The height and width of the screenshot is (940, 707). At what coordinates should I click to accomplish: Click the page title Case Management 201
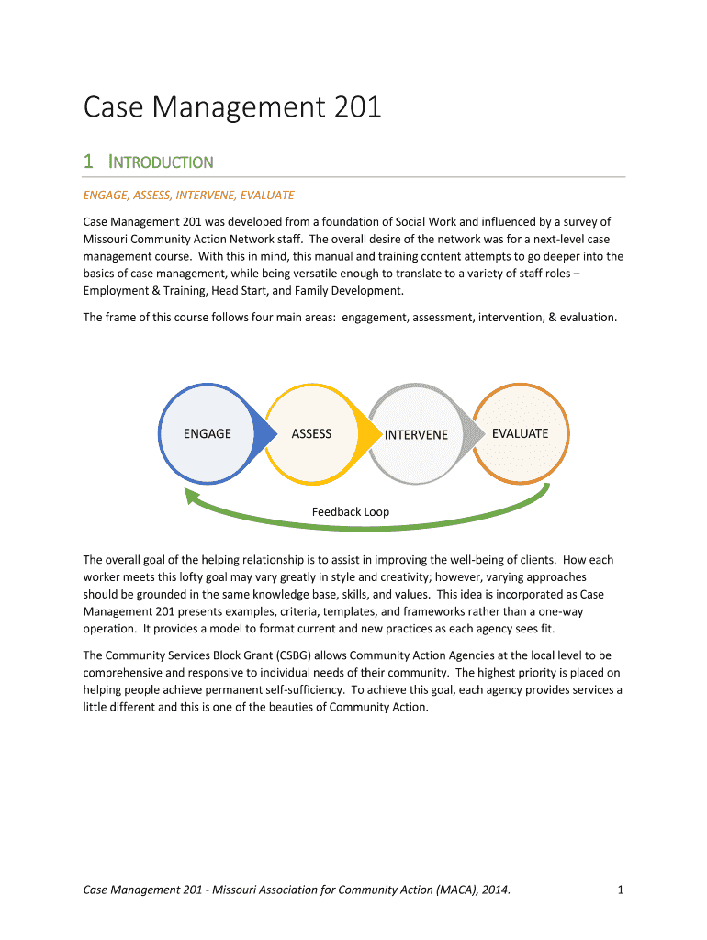[x=232, y=108]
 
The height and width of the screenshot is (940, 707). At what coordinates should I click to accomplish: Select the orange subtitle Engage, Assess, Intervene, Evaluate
[x=188, y=195]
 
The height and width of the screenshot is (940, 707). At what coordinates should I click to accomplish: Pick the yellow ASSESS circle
[x=311, y=433]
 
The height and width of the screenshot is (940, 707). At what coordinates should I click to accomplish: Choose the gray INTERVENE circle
[x=415, y=434]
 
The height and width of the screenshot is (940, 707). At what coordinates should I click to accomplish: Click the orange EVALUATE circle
[x=520, y=433]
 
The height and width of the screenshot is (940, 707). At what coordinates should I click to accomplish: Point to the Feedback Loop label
[x=351, y=511]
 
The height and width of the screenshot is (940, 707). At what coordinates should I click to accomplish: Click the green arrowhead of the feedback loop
[x=192, y=496]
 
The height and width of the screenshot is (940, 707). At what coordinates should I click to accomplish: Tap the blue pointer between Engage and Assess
[x=264, y=433]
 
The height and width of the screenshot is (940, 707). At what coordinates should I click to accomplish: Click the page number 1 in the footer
[x=621, y=889]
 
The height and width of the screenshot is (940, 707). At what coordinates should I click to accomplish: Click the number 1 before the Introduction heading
[x=88, y=162]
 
